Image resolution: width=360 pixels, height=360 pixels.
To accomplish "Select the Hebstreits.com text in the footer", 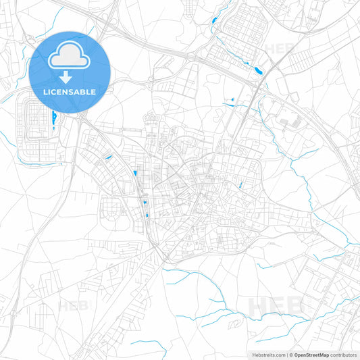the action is tap(267, 354).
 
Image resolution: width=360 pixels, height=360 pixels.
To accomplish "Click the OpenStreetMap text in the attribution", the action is tap(312, 354).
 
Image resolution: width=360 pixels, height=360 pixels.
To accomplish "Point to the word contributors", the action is tap(343, 354).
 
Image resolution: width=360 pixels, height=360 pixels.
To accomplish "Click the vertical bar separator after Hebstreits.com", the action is tap(286, 354).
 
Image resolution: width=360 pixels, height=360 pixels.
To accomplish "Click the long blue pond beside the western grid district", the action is tap(53, 120).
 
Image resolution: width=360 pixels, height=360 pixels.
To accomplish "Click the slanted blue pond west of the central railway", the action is tap(107, 158).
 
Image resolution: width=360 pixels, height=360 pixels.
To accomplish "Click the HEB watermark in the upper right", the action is tap(278, 49).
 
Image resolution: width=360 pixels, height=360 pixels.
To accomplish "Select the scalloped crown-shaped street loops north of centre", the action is tap(150, 122).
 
